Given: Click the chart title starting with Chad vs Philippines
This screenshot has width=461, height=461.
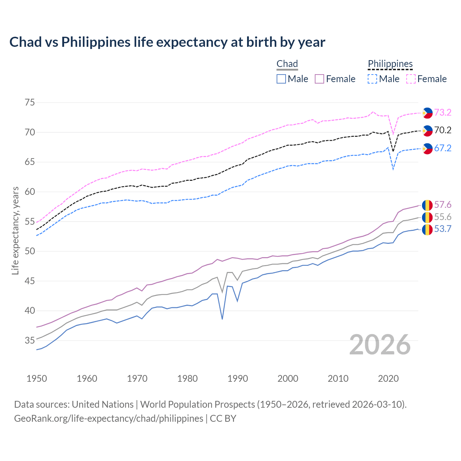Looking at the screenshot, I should (167, 42).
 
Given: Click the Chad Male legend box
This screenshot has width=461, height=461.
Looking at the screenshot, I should (281, 79).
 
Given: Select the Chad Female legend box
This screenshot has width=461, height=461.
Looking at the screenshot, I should (319, 79).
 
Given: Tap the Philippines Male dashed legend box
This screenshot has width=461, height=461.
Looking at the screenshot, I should (372, 79).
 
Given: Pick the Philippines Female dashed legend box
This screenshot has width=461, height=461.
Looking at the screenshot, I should (411, 79).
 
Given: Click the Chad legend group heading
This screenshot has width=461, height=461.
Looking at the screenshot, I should (287, 64).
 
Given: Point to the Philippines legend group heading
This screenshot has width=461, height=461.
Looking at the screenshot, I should (390, 64).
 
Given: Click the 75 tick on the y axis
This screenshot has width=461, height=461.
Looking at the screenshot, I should (30, 103).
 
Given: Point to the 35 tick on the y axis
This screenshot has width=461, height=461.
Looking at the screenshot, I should (30, 340).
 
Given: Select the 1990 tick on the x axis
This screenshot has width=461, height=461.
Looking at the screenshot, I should (238, 379).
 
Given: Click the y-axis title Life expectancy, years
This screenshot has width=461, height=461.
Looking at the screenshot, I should (15, 230).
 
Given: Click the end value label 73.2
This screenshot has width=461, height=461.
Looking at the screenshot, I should (443, 113).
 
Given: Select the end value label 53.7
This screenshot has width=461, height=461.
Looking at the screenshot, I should (443, 229).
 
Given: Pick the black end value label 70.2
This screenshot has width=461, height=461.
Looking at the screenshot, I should (443, 130).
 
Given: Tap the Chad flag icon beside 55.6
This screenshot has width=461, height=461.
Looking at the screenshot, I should (427, 217).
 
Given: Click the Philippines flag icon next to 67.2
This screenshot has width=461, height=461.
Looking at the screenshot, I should (427, 148).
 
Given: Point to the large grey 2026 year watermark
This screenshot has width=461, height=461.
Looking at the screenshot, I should (380, 345).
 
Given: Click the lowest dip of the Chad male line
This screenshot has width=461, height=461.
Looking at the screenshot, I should (222, 319).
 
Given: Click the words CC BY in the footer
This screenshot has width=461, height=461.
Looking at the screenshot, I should (223, 419).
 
